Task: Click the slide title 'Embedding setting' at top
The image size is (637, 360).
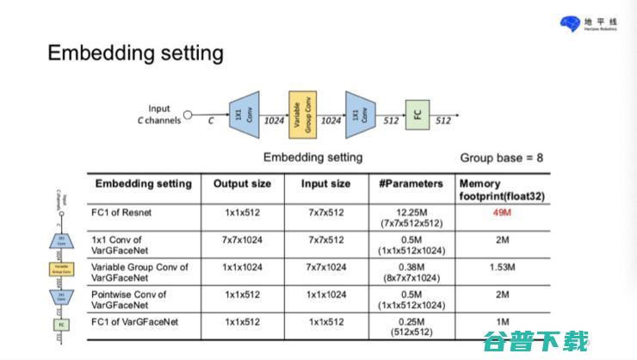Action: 135,53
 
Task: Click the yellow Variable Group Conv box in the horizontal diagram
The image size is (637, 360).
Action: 303,115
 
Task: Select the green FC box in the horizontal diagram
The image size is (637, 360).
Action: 417,115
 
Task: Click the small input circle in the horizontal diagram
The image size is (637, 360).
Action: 189,115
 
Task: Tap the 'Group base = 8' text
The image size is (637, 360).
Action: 501,158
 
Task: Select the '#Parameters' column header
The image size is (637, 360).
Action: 411,183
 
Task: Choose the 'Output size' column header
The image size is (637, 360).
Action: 242,183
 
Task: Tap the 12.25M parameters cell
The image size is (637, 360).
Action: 411,217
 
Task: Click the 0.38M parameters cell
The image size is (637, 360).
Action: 411,272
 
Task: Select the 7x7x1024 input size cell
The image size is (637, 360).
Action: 325,267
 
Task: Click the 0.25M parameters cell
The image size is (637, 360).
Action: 411,326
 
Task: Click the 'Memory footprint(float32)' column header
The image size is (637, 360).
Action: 504,189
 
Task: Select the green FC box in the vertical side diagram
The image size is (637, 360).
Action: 61,325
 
